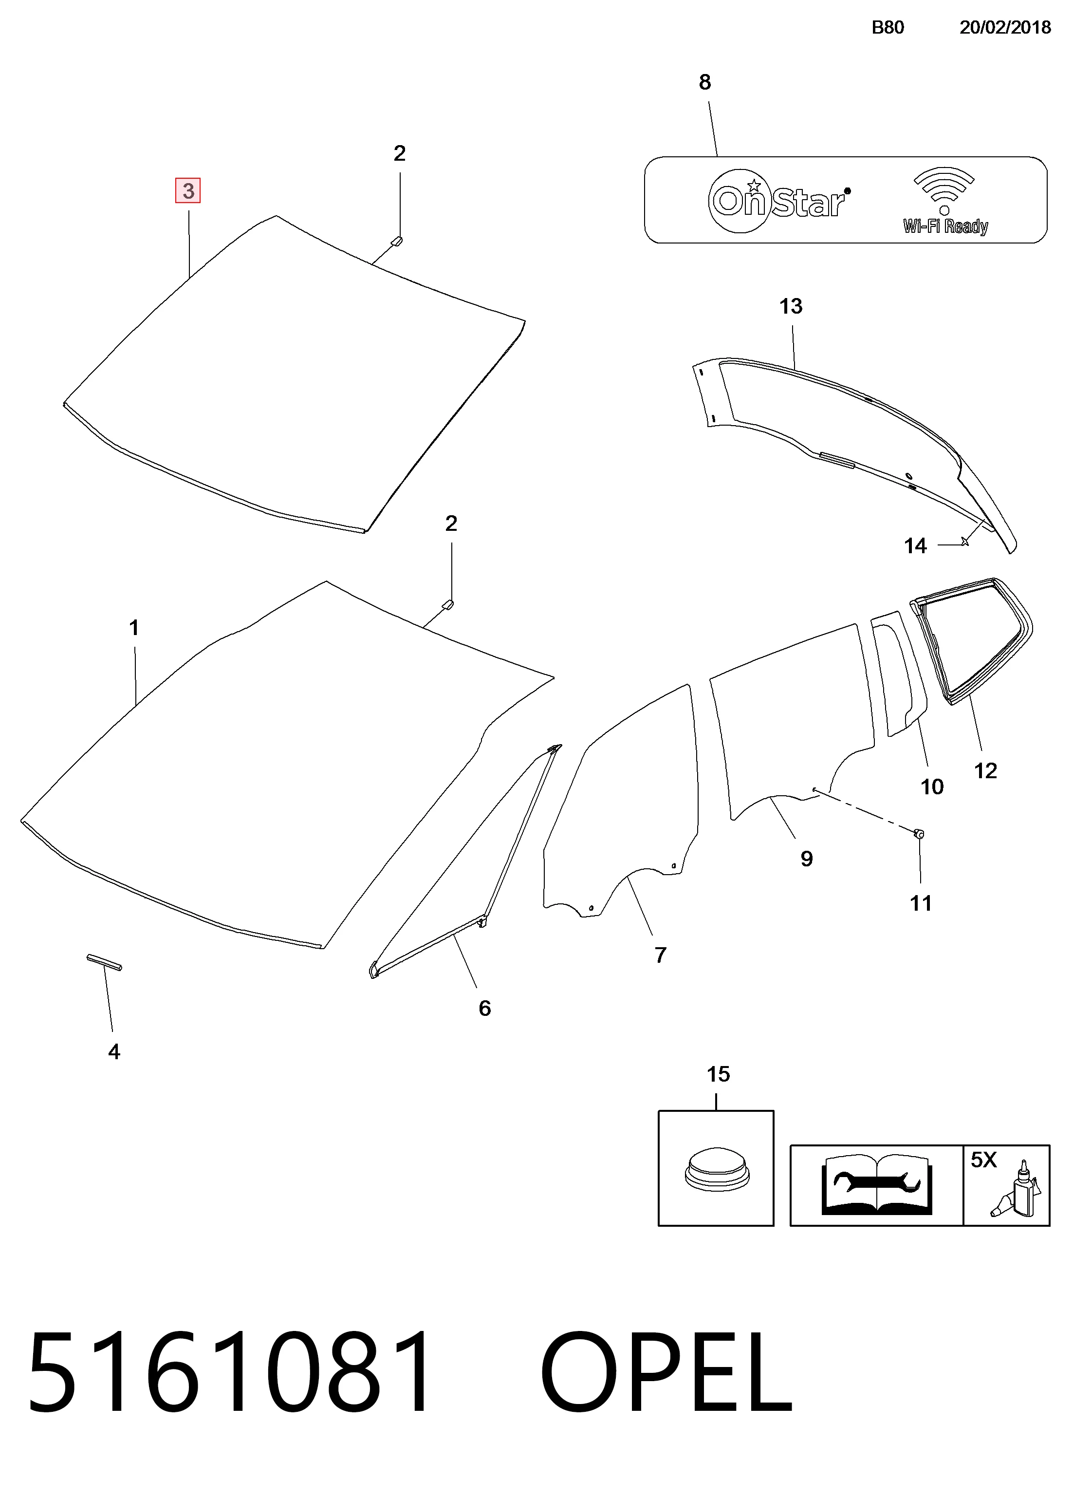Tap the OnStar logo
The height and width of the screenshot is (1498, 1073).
pyautogui.click(x=779, y=200)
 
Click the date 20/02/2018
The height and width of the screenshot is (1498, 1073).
pyautogui.click(x=1005, y=27)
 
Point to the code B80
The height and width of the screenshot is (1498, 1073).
pyautogui.click(x=888, y=27)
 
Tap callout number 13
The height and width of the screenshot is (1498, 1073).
pyautogui.click(x=791, y=306)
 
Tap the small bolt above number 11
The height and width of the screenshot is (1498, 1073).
pyautogui.click(x=919, y=834)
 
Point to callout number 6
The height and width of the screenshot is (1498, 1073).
pyautogui.click(x=485, y=1008)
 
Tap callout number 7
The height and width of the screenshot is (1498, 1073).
pyautogui.click(x=660, y=955)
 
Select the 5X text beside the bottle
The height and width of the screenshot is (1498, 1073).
pyautogui.click(x=983, y=1160)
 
